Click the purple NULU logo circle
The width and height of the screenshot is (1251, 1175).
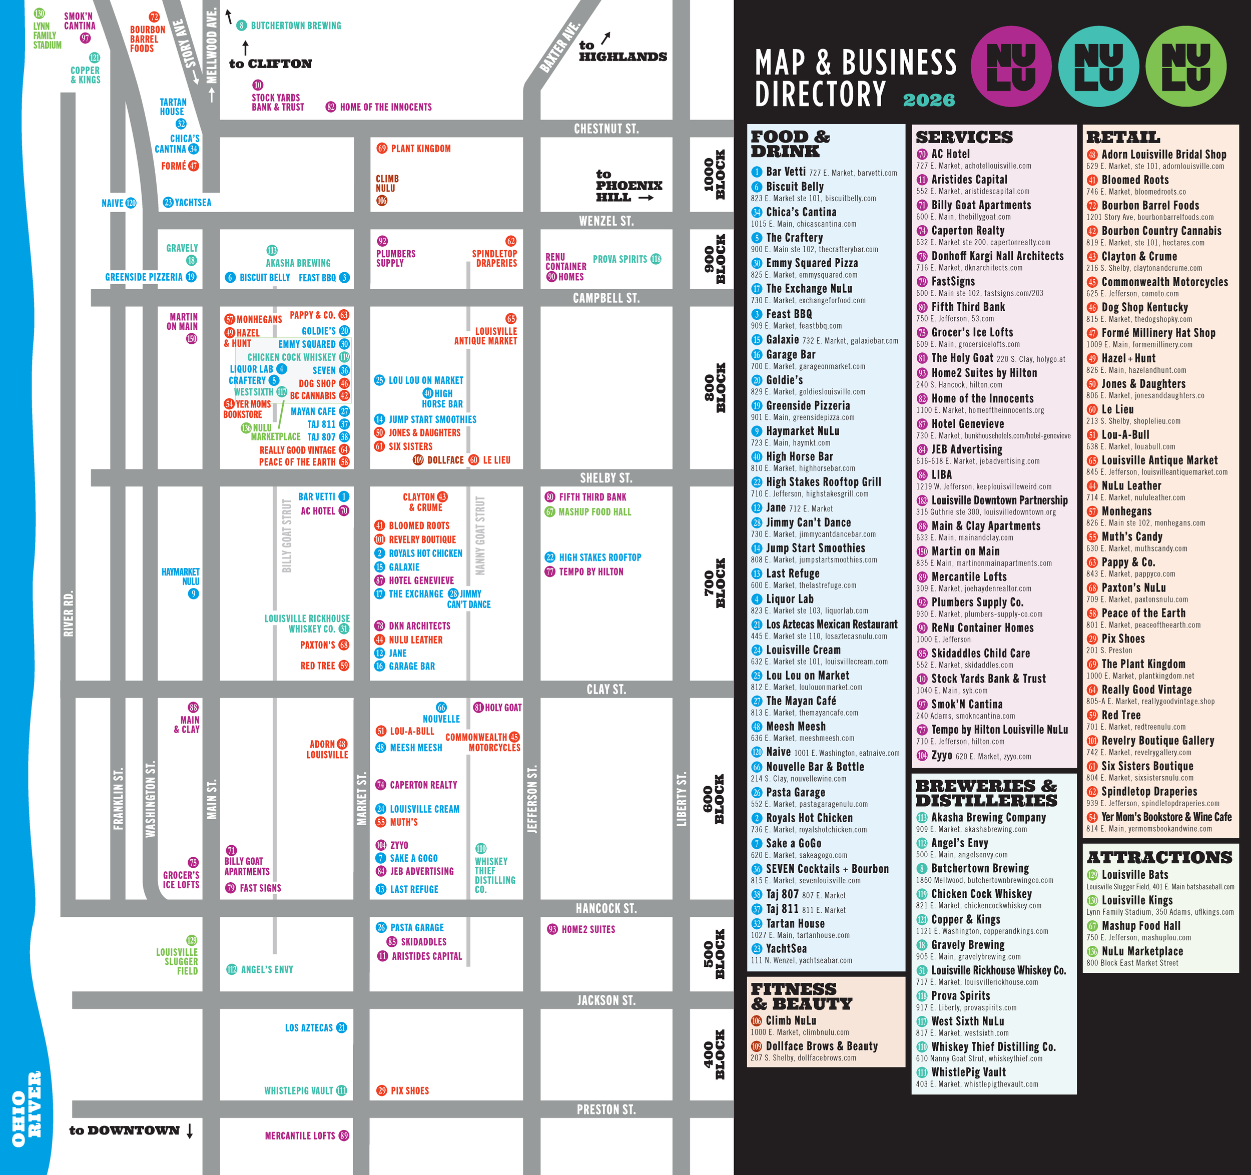tap(1011, 66)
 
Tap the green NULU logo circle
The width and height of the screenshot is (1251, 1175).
tap(1185, 66)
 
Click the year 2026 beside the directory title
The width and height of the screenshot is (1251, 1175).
tap(929, 100)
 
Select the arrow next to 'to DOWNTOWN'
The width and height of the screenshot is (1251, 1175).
tap(190, 1130)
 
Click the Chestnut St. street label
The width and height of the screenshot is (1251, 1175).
tap(606, 129)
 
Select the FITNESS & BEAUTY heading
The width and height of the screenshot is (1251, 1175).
tap(801, 996)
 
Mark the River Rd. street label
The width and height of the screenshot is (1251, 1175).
tap(69, 614)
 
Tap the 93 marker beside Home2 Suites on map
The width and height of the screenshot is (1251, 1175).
tap(552, 930)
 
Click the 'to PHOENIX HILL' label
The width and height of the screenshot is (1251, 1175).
tap(628, 186)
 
